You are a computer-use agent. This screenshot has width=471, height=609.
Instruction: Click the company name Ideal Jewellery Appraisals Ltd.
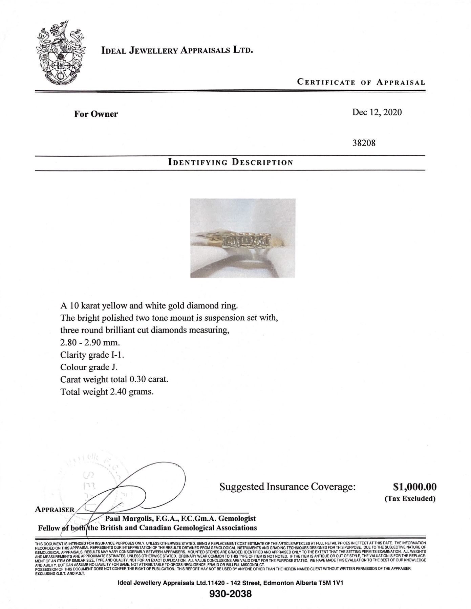(177, 51)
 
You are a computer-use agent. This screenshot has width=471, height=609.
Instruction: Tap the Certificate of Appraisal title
(361, 82)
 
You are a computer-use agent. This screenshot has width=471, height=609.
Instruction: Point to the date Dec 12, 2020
(377, 112)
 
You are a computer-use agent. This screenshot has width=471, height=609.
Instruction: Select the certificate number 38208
(364, 143)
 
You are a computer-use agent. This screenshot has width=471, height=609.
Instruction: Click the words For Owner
(96, 114)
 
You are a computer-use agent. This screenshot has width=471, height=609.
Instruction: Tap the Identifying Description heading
(231, 162)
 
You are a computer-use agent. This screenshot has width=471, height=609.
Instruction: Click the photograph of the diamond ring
(243, 238)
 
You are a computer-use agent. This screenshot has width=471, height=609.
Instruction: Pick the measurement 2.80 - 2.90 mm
(90, 342)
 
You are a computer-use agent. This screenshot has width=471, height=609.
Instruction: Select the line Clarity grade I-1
(94, 355)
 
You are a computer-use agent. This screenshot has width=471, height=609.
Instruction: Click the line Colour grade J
(89, 367)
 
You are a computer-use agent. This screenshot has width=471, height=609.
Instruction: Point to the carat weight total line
(114, 379)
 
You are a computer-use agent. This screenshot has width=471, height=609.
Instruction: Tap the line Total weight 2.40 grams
(107, 392)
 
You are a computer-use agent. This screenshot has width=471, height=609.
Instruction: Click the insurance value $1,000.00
(414, 487)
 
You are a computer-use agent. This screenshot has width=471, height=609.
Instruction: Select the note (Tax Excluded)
(410, 498)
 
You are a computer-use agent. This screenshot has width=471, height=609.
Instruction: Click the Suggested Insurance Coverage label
(287, 487)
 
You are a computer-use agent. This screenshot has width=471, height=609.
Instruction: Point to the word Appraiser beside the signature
(55, 510)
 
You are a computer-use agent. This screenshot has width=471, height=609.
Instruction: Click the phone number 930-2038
(231, 594)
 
